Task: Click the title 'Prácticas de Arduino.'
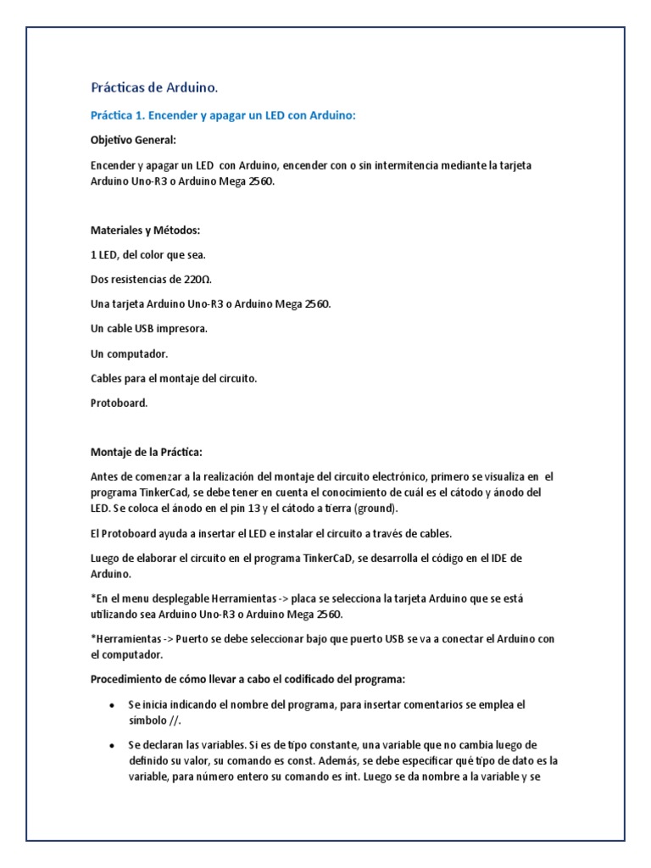[154, 87]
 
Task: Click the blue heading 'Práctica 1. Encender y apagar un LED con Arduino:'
[223, 114]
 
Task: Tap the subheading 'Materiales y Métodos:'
[145, 230]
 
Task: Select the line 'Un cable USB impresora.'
[148, 328]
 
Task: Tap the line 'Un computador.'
[129, 353]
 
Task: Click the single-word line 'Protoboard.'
[120, 403]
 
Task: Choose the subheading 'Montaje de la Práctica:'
[146, 452]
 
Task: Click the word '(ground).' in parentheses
[374, 509]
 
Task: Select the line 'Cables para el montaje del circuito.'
[173, 378]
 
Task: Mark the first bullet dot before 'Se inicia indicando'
[113, 705]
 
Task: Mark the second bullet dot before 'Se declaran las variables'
[113, 745]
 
